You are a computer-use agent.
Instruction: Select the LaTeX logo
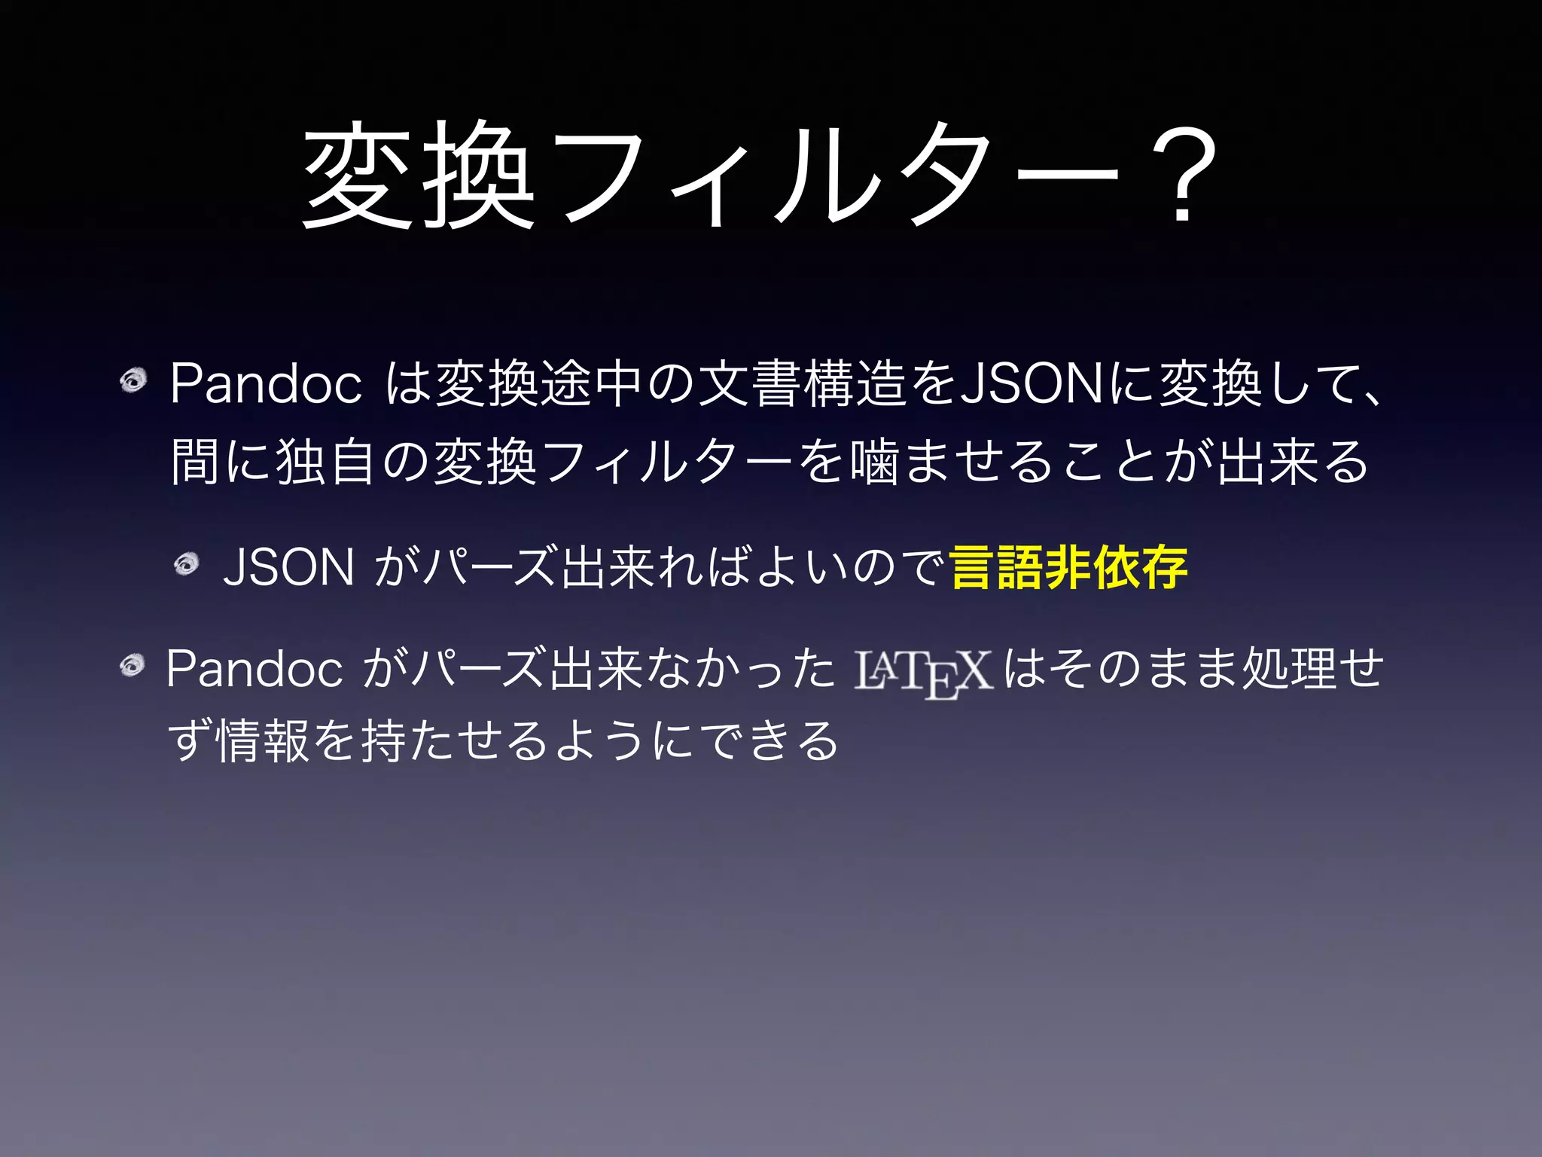click(923, 672)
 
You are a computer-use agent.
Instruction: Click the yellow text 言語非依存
click(1069, 567)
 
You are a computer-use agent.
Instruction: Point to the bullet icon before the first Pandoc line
click(133, 380)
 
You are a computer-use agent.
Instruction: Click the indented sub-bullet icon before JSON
click(186, 563)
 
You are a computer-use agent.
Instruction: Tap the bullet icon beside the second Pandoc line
click(133, 665)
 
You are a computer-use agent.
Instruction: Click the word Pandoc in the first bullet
click(266, 384)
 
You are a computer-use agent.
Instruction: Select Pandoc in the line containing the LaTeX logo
click(254, 669)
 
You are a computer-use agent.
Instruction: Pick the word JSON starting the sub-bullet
click(289, 567)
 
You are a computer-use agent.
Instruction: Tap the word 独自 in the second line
click(325, 461)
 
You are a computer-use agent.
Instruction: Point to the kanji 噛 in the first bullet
click(874, 461)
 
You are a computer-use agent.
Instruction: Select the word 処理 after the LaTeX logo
click(1288, 669)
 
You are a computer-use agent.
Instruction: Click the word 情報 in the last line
click(263, 740)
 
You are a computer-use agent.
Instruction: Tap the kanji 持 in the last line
click(385, 740)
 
